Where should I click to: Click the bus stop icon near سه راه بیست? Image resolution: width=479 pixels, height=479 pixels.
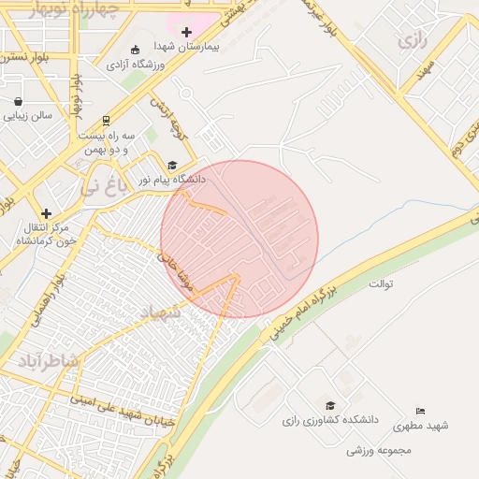106,120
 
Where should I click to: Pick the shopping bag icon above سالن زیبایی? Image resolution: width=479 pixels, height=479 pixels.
19,101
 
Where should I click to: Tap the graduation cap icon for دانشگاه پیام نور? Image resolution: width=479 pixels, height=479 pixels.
172,165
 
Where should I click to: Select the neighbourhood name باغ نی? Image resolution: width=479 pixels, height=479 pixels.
101,185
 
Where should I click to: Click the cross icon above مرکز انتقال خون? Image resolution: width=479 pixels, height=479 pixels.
46,213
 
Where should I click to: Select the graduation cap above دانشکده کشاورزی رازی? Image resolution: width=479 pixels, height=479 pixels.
329,405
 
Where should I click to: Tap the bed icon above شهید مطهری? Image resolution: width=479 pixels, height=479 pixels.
420,412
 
